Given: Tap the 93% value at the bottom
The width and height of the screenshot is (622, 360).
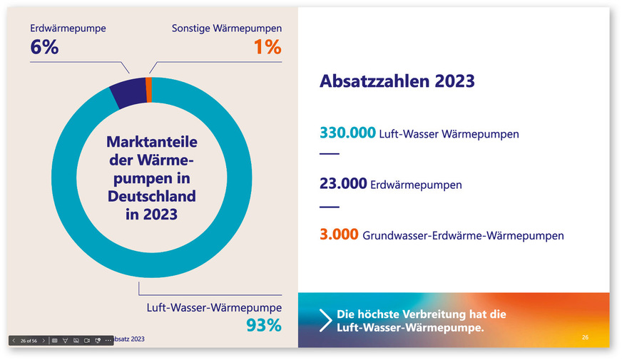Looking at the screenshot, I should [264, 325].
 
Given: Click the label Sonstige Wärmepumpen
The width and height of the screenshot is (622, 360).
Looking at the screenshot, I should [227, 29].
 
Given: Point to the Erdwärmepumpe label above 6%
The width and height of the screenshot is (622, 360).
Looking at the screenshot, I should [68, 29].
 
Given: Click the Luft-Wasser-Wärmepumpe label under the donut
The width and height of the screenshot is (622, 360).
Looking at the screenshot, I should [214, 308].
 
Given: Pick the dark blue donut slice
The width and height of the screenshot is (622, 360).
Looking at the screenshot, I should [128, 94].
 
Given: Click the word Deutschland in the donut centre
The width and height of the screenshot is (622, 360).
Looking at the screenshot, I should [151, 195].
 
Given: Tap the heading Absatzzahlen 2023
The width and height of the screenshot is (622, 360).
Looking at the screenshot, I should [397, 81].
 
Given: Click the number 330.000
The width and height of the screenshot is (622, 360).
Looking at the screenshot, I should [347, 133].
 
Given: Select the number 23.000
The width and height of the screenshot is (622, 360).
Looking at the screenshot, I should [344, 184].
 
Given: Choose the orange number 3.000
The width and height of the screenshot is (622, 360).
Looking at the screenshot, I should [339, 235].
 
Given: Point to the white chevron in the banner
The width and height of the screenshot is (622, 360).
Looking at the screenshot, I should [325, 320].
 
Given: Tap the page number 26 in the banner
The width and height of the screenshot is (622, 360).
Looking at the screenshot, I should [585, 336].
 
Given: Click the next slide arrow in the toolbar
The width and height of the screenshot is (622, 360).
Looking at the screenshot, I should [44, 341].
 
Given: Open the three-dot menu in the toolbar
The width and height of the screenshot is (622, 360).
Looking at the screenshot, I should [108, 341].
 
